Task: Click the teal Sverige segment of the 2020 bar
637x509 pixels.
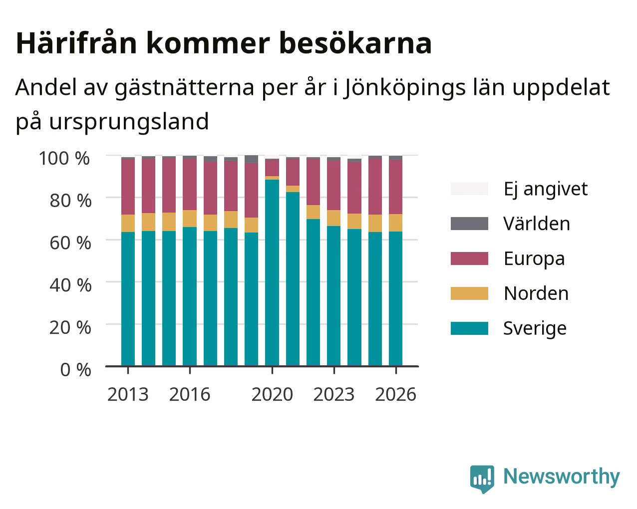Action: (x=272, y=272)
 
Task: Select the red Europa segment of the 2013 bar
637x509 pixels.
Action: (x=128, y=187)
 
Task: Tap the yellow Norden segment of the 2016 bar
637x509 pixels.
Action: (x=190, y=219)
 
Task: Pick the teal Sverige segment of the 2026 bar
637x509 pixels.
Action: (x=395, y=298)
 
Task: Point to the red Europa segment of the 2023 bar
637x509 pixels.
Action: (x=333, y=185)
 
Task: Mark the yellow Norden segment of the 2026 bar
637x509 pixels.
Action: (x=395, y=223)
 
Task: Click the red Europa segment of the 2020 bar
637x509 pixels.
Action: (x=272, y=168)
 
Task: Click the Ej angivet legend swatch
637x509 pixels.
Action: (x=469, y=189)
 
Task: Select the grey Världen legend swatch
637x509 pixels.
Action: (x=469, y=224)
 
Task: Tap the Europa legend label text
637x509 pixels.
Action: (x=534, y=259)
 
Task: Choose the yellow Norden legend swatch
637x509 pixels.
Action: (x=469, y=293)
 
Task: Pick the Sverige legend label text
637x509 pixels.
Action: (x=535, y=329)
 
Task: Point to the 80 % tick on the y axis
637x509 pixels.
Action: (x=70, y=201)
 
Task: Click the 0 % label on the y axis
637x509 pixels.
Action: (x=75, y=370)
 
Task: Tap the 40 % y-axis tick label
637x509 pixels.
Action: (x=70, y=285)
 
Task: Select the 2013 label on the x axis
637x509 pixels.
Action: (x=128, y=394)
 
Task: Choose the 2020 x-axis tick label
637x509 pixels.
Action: (x=272, y=394)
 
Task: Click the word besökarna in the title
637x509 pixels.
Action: (x=355, y=43)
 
